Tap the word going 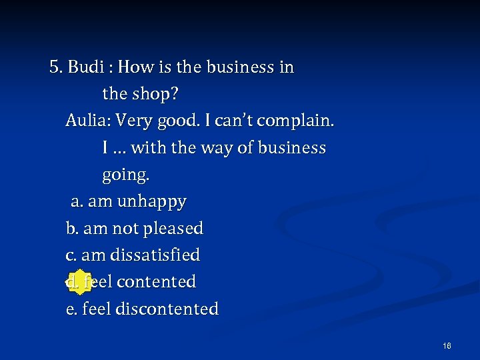pyautogui.click(x=125, y=175)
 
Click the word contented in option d pyautogui.click(x=157, y=282)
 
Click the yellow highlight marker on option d pyautogui.click(x=79, y=282)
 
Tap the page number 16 pyautogui.click(x=447, y=345)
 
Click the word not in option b pyautogui.click(x=125, y=229)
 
